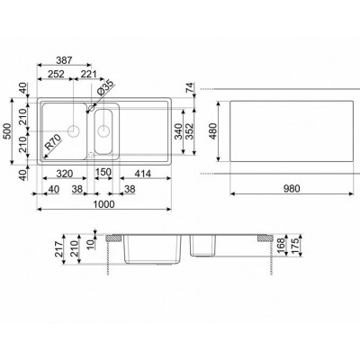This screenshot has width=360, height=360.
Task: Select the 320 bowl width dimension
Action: click(x=62, y=174)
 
